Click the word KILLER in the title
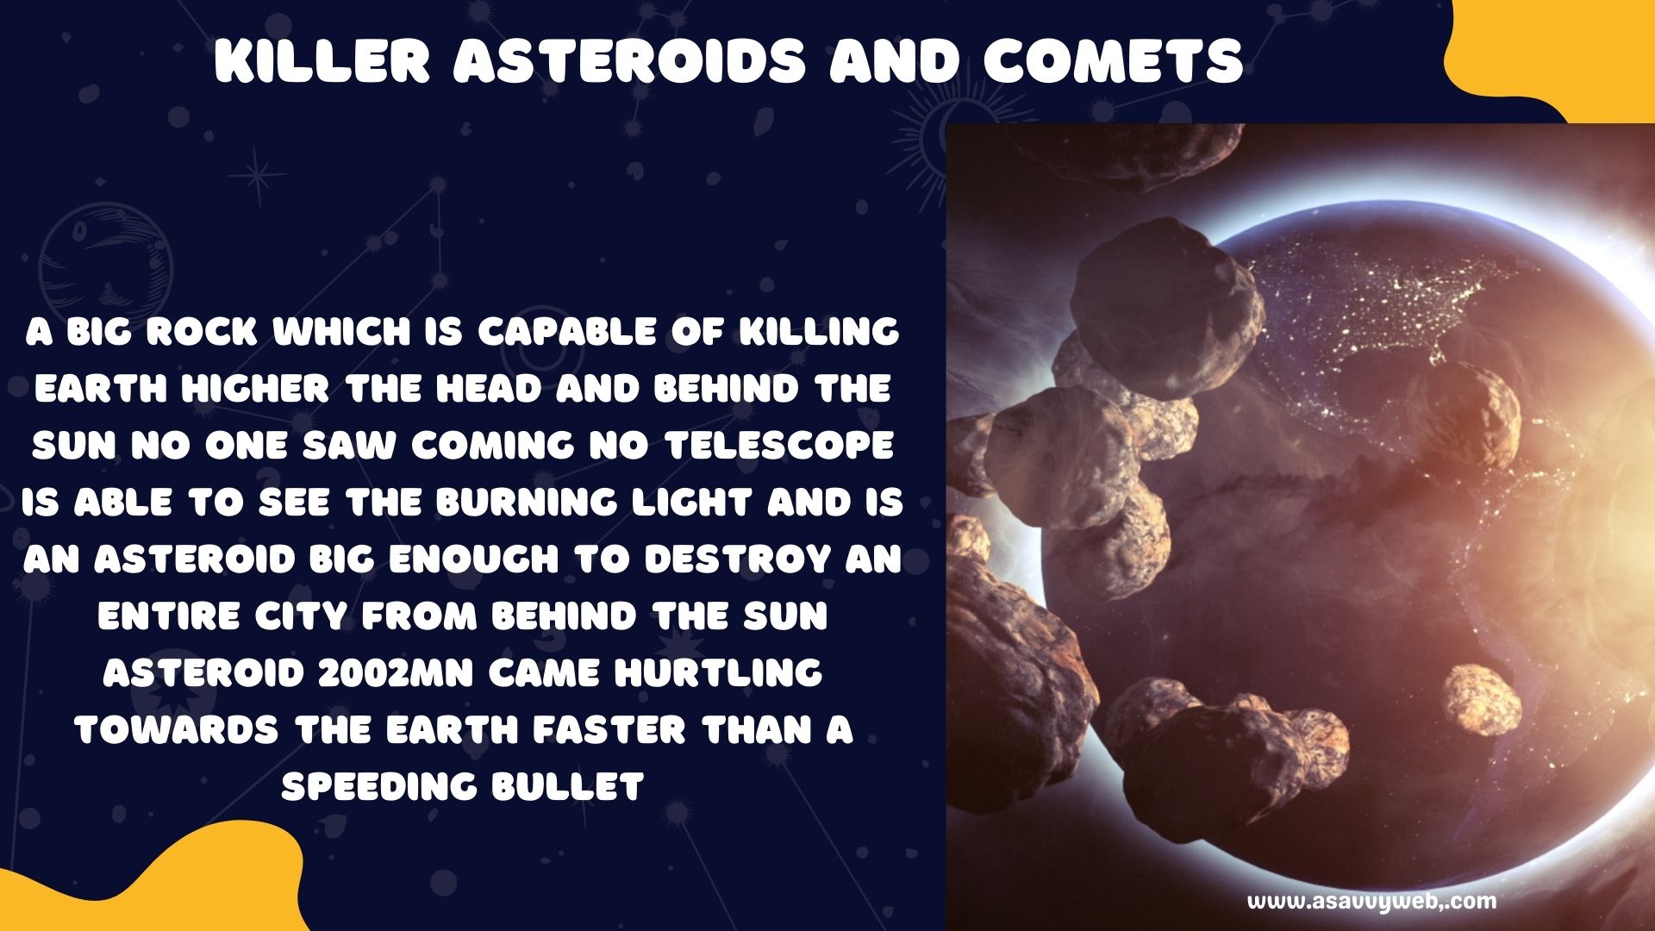coord(322,61)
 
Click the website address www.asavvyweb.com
coord(1372,902)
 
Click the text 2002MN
coord(396,672)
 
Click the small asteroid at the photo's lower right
coord(1482,701)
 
